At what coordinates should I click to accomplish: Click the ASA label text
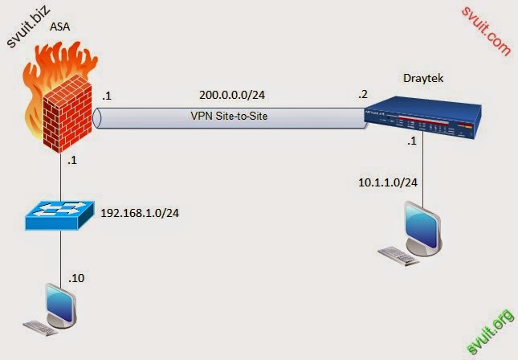tap(59, 26)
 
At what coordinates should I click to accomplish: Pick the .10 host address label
tap(76, 279)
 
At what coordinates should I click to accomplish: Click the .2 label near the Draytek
tap(364, 95)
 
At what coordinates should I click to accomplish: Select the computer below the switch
tap(56, 309)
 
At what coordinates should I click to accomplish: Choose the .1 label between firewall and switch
tap(72, 160)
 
